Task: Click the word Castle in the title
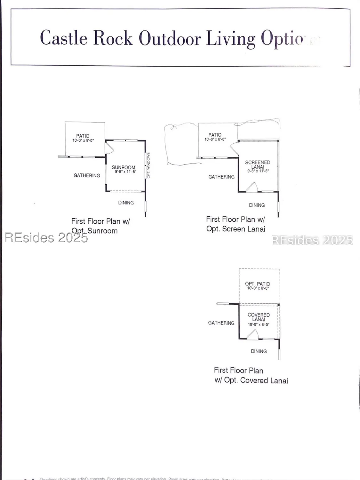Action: click(x=64, y=38)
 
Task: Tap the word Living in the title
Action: click(x=230, y=39)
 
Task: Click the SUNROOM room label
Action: click(x=124, y=167)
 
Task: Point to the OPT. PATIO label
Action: click(x=258, y=284)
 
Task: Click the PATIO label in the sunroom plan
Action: click(x=83, y=136)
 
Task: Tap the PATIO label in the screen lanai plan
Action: click(x=215, y=135)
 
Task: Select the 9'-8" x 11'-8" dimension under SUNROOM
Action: click(x=126, y=172)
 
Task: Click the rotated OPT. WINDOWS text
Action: click(x=148, y=165)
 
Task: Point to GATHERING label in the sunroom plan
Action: click(x=87, y=175)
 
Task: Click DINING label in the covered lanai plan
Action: click(x=259, y=351)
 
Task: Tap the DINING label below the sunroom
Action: click(x=126, y=203)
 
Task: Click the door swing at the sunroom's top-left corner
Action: click(x=109, y=148)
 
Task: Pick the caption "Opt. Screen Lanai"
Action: click(x=236, y=229)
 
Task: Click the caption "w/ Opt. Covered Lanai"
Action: click(x=251, y=380)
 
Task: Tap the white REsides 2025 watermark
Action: click(x=312, y=240)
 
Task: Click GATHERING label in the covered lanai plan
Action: click(x=221, y=323)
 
